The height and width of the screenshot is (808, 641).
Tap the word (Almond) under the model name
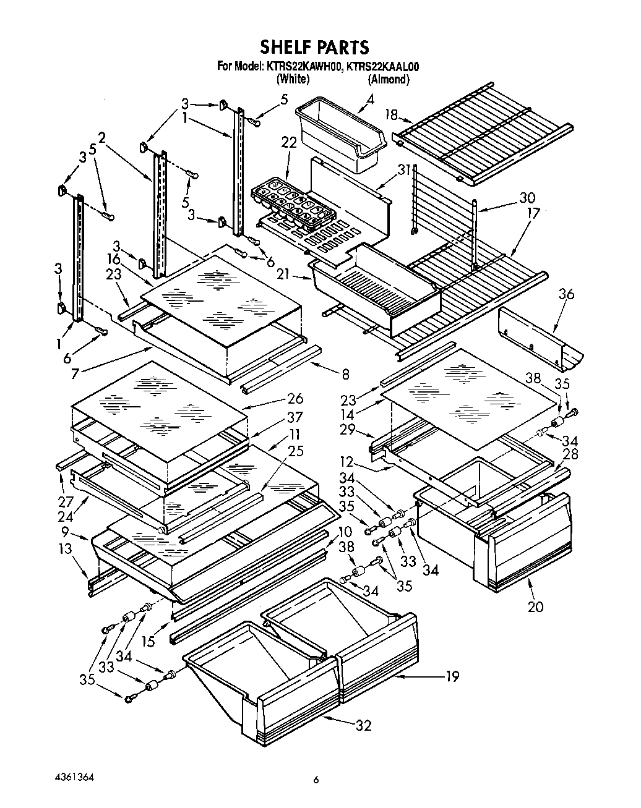(x=388, y=79)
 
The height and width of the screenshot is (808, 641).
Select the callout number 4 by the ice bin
(x=370, y=99)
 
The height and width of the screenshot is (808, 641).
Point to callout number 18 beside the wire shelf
(x=390, y=114)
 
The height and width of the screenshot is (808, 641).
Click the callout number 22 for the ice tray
(x=289, y=142)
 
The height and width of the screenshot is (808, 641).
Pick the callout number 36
(x=566, y=294)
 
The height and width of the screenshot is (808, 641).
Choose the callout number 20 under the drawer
(x=535, y=606)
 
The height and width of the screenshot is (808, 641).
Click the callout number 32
(x=363, y=725)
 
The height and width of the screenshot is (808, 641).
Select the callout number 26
(x=295, y=399)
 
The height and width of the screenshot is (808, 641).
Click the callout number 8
(x=345, y=374)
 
